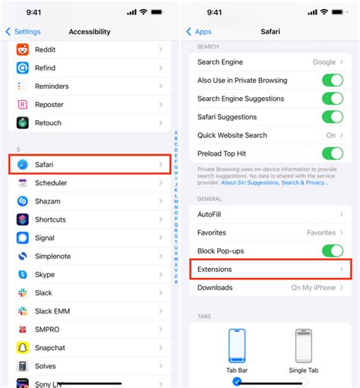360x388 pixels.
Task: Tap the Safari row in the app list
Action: click(90, 165)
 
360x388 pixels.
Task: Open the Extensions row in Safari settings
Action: click(270, 270)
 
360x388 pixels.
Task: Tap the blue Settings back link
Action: click(24, 32)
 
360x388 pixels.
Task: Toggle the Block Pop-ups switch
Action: click(333, 251)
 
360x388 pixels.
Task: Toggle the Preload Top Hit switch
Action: click(333, 153)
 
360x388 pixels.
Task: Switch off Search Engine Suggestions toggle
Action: click(333, 99)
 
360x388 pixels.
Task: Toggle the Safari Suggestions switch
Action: click(333, 117)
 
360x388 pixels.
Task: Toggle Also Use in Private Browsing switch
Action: click(333, 80)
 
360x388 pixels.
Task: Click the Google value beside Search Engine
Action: click(324, 62)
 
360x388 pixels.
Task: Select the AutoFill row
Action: click(270, 215)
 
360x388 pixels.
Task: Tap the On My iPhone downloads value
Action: click(313, 288)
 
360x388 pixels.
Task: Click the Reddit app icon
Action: click(23, 49)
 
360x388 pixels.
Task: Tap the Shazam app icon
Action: click(23, 201)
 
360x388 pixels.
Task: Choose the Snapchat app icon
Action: click(23, 348)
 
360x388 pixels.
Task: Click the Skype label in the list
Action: click(45, 275)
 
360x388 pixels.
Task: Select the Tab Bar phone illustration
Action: click(238, 347)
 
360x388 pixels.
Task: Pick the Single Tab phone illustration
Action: click(303, 347)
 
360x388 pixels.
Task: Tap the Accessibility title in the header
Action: click(90, 32)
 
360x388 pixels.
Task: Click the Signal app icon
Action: click(23, 238)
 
